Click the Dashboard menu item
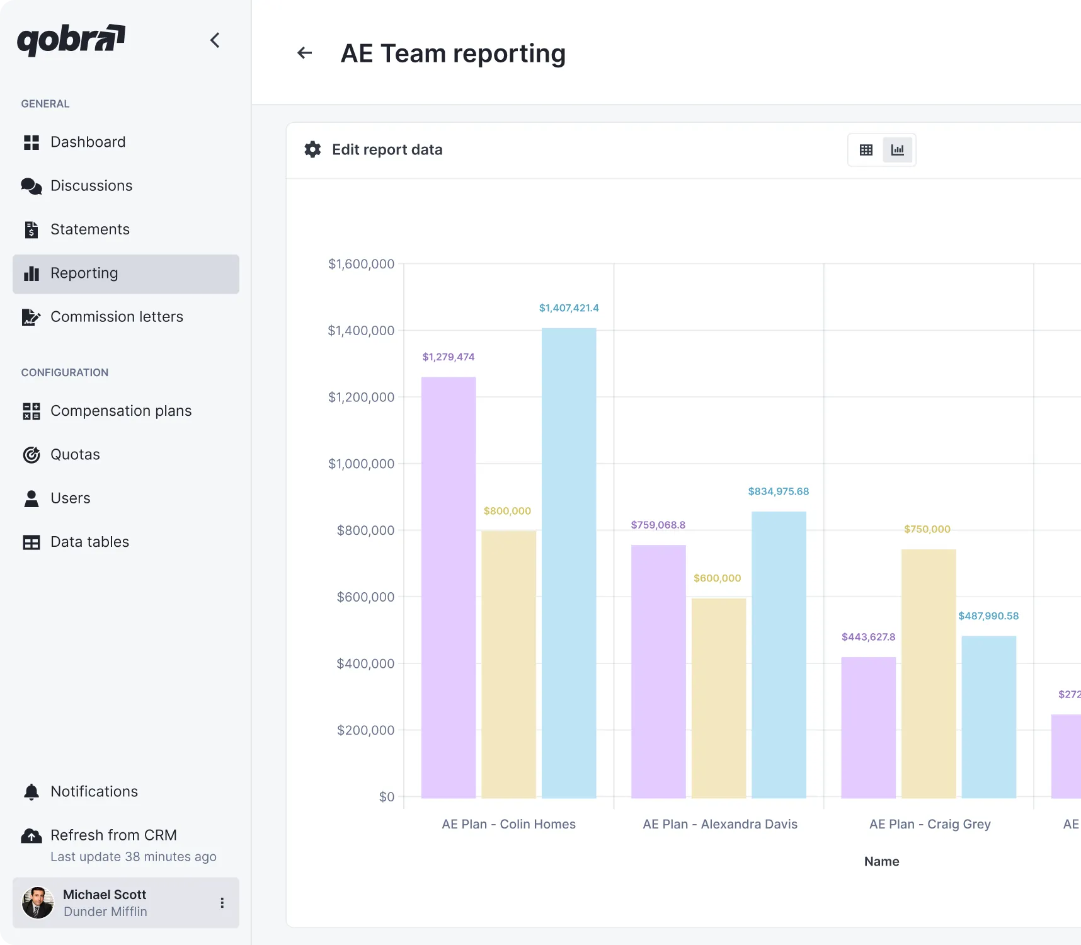(x=88, y=142)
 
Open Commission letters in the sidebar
(x=117, y=317)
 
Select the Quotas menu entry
(x=75, y=455)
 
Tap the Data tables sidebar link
(x=89, y=542)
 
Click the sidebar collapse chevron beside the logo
(x=215, y=40)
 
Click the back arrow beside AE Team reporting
(x=305, y=53)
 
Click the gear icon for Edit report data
(x=312, y=149)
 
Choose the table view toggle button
(x=866, y=150)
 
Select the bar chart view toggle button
(x=897, y=150)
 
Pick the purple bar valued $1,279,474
(x=449, y=586)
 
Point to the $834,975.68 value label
(x=778, y=491)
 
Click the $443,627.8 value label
(x=868, y=637)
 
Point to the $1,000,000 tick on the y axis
(x=361, y=464)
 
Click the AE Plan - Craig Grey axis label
(x=930, y=824)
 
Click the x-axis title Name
(x=881, y=861)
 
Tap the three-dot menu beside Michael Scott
(x=222, y=903)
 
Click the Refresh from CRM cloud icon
(x=31, y=836)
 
